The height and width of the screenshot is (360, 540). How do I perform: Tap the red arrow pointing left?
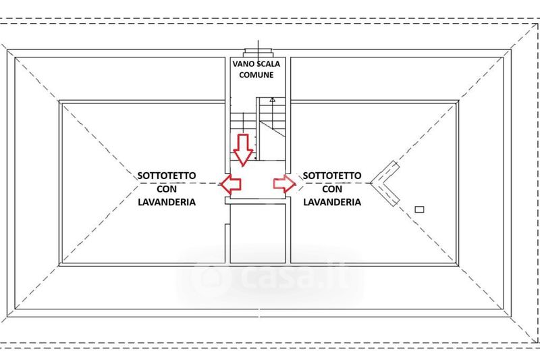(230, 184)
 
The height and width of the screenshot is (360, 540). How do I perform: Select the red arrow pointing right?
(284, 184)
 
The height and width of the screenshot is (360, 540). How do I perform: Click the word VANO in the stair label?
(242, 64)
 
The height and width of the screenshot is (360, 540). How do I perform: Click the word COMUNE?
(256, 75)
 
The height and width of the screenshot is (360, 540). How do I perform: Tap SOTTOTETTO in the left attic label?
(167, 176)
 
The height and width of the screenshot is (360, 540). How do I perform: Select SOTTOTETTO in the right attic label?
(332, 176)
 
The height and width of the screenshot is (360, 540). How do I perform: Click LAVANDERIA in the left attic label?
(167, 202)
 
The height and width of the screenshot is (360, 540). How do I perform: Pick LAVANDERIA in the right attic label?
(332, 202)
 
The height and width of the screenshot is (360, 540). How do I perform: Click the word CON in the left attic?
(167, 189)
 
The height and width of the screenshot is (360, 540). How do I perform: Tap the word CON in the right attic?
(332, 189)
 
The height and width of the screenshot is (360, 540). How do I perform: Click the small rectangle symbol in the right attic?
(419, 209)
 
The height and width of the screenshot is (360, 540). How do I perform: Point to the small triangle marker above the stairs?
(273, 100)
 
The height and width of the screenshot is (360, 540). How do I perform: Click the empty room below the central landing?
(258, 233)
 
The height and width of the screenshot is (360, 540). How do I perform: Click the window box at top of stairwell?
(258, 53)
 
